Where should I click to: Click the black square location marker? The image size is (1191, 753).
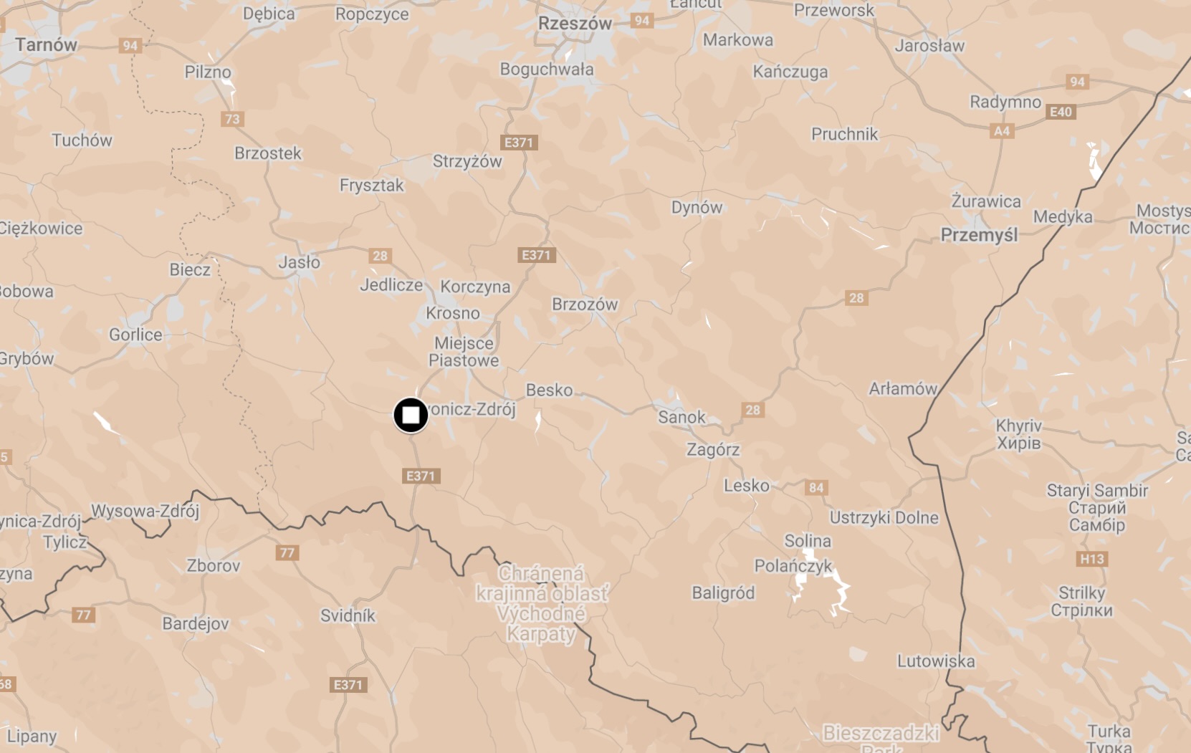pos(411,415)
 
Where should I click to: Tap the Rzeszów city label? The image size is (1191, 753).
pos(575,24)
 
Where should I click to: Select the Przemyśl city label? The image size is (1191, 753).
pos(979,235)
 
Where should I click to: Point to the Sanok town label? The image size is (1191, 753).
pos(681,417)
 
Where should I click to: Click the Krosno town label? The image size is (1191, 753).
pos(453,313)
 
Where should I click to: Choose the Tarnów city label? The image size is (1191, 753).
pos(46,44)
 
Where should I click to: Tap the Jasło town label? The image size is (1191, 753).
pos(300,262)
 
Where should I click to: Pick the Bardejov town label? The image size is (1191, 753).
pos(196,623)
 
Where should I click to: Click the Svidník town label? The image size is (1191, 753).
pos(348,615)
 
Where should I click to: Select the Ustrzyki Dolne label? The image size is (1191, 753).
pos(884,517)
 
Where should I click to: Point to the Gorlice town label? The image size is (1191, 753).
pos(135,335)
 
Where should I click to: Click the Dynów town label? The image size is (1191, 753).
pos(697,208)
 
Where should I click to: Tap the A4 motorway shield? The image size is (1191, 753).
pos(1002,131)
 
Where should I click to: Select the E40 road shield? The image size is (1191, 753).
pos(1061,112)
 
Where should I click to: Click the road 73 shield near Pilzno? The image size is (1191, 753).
pos(232,119)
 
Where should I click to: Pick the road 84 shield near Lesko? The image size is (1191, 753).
pos(816,488)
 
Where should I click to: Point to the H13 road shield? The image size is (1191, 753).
pos(1092,559)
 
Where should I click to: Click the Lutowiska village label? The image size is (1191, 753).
pos(936,661)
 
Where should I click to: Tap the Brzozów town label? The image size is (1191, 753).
pos(585,304)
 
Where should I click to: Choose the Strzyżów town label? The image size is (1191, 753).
pos(467,161)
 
